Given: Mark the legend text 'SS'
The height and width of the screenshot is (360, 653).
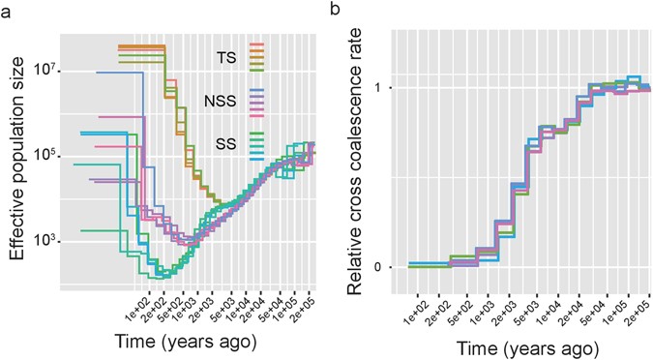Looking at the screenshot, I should point(225,143).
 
